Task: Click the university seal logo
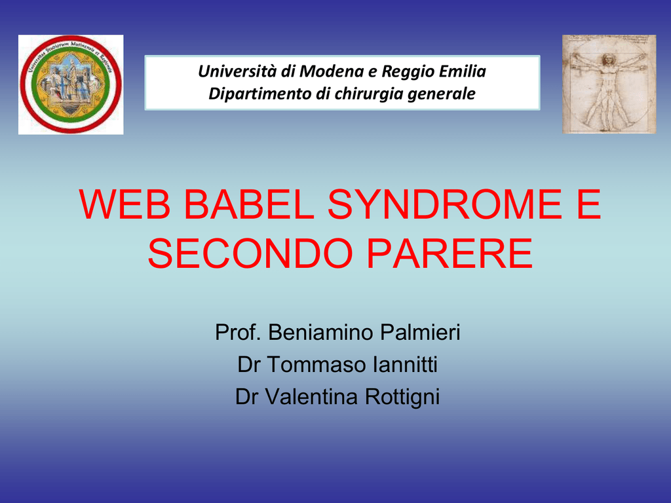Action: [71, 84]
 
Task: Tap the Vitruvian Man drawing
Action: [609, 84]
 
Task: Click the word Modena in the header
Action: [332, 71]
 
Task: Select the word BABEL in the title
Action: [249, 204]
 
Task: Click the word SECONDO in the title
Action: [250, 253]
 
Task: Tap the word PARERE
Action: [450, 253]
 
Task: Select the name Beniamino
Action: [321, 332]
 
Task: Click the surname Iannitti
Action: [405, 365]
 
